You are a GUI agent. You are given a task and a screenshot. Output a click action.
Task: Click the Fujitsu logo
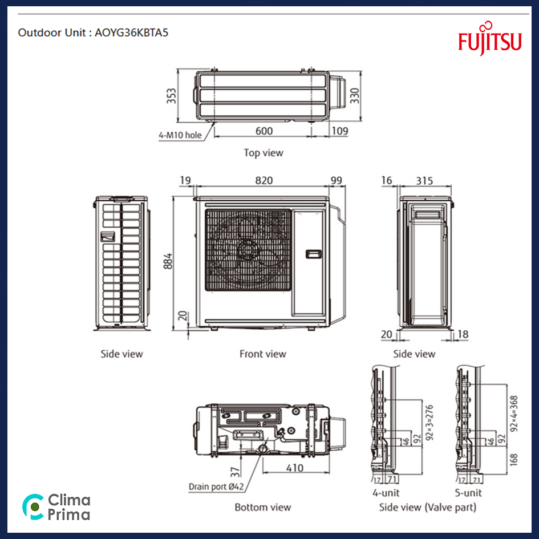489,39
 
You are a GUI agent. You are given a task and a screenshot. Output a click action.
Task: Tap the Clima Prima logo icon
33,506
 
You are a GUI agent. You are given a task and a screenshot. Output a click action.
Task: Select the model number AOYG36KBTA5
131,33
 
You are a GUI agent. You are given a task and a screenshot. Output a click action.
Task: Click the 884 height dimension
168,261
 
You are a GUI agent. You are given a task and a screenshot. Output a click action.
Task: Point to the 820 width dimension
264,180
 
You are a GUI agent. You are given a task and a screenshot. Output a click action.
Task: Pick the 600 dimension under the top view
264,131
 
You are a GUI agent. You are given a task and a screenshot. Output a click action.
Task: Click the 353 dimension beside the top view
171,96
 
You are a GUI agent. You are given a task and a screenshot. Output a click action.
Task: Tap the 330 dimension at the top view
354,96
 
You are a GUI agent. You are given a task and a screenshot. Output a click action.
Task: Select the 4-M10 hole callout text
180,135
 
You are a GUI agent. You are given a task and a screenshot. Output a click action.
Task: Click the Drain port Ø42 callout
216,487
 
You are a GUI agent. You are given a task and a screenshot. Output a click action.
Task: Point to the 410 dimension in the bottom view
295,468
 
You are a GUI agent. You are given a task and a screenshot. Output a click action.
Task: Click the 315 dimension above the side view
424,181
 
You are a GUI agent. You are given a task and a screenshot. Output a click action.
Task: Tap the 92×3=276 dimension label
429,423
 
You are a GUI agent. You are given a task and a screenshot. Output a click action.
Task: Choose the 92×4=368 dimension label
514,414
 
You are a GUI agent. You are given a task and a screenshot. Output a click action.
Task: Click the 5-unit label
468,493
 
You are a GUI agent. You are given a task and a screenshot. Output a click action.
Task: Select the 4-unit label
386,493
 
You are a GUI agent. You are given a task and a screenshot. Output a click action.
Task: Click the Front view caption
263,354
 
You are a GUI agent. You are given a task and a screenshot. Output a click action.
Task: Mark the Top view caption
264,153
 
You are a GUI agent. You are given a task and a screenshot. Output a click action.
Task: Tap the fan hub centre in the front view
246,249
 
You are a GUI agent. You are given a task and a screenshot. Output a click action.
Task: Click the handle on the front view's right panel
314,254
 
